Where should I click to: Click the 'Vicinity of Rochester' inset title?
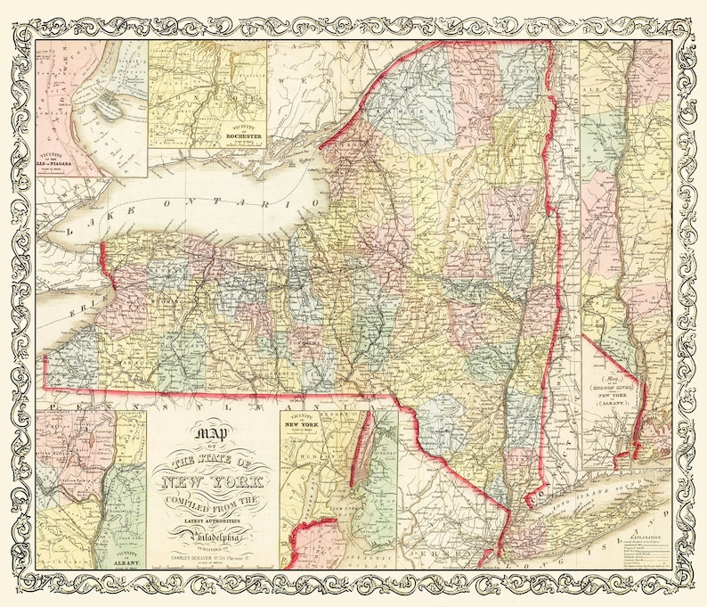[243, 135]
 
